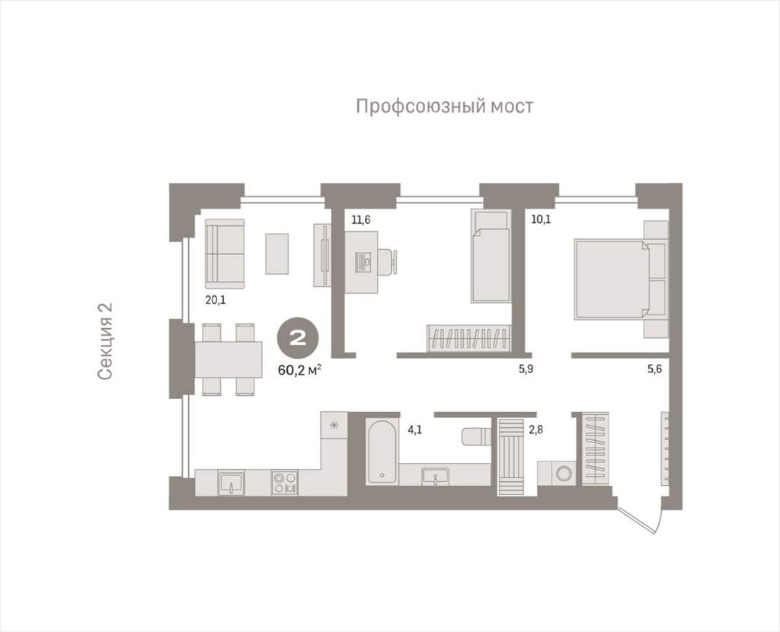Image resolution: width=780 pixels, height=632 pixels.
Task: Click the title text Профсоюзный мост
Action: tap(445, 107)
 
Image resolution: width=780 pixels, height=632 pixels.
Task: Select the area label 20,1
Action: tap(216, 300)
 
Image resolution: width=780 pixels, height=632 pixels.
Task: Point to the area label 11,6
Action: tap(361, 219)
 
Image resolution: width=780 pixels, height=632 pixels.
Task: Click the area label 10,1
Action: tap(542, 219)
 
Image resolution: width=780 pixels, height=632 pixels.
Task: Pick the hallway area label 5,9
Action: tap(526, 369)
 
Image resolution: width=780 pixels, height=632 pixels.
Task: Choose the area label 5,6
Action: tap(654, 369)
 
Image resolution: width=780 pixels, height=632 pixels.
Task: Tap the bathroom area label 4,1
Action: tap(415, 429)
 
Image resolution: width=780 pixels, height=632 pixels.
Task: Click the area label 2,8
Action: tap(535, 429)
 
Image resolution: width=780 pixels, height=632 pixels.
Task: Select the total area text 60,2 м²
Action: tap(300, 369)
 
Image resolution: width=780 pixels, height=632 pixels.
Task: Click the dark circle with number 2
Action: tap(298, 339)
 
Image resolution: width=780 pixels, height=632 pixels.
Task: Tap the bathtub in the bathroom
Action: tap(382, 451)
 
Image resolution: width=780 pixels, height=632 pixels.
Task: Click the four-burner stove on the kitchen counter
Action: tap(285, 482)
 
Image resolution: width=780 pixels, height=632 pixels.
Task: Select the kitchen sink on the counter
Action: tap(231, 482)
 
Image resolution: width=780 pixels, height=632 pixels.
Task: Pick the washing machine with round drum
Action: tap(562, 473)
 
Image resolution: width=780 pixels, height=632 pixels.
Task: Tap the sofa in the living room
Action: tap(225, 254)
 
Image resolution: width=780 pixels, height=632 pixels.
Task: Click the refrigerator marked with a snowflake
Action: tap(334, 425)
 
